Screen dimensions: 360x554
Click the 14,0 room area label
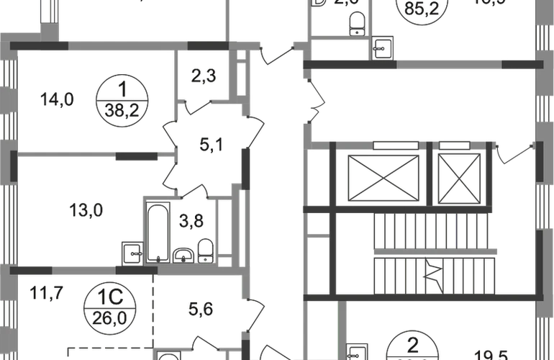point(58,101)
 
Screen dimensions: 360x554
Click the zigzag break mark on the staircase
point(435,274)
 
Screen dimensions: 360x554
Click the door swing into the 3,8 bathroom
point(193,192)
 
